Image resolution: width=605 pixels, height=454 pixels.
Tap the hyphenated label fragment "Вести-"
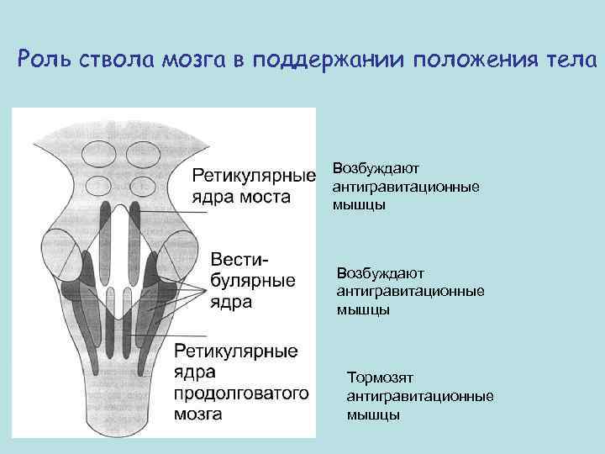coord(240,259)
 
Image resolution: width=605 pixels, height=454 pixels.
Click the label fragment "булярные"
coord(251,280)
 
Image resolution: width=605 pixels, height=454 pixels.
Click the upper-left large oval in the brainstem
coord(94,154)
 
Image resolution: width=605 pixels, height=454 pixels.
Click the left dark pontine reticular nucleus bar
coord(104,244)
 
